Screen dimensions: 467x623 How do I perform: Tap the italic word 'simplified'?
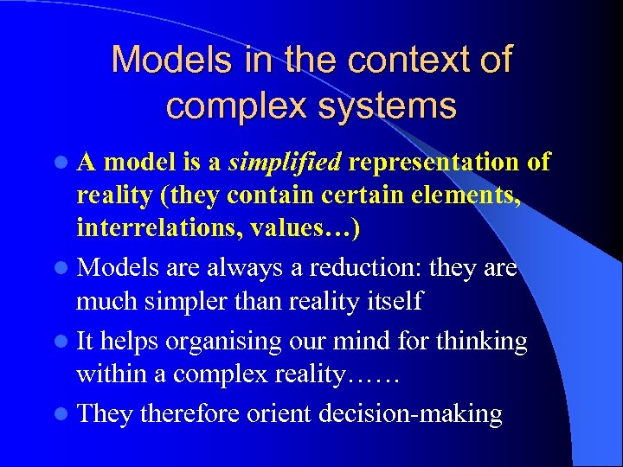click(x=285, y=162)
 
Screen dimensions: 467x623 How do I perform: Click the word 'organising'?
click(x=223, y=341)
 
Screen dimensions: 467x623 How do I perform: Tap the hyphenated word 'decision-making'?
click(x=410, y=413)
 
